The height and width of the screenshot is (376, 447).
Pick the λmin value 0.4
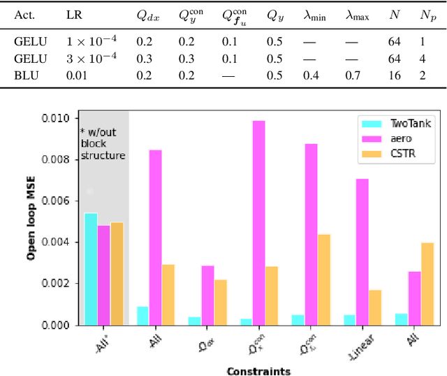[x=312, y=74]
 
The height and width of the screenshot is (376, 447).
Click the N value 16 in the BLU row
[x=393, y=74]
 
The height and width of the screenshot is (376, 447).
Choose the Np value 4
[x=423, y=57]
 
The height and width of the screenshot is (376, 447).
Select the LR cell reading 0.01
[x=77, y=74]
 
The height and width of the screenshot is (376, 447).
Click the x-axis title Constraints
[x=258, y=370]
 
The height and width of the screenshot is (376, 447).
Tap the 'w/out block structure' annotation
[x=103, y=143]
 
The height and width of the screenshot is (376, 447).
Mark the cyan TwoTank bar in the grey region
[x=90, y=269]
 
